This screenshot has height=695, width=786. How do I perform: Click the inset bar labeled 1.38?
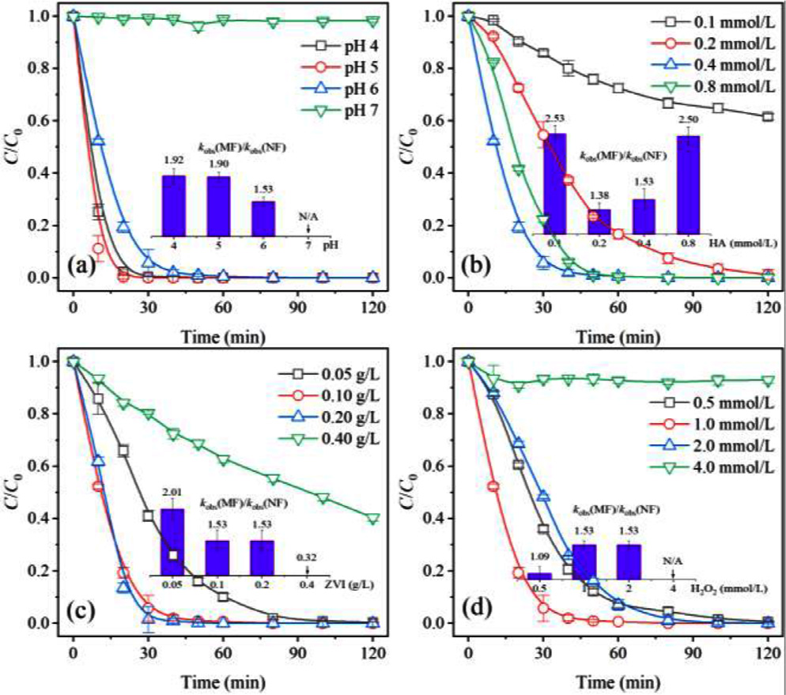point(599,221)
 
